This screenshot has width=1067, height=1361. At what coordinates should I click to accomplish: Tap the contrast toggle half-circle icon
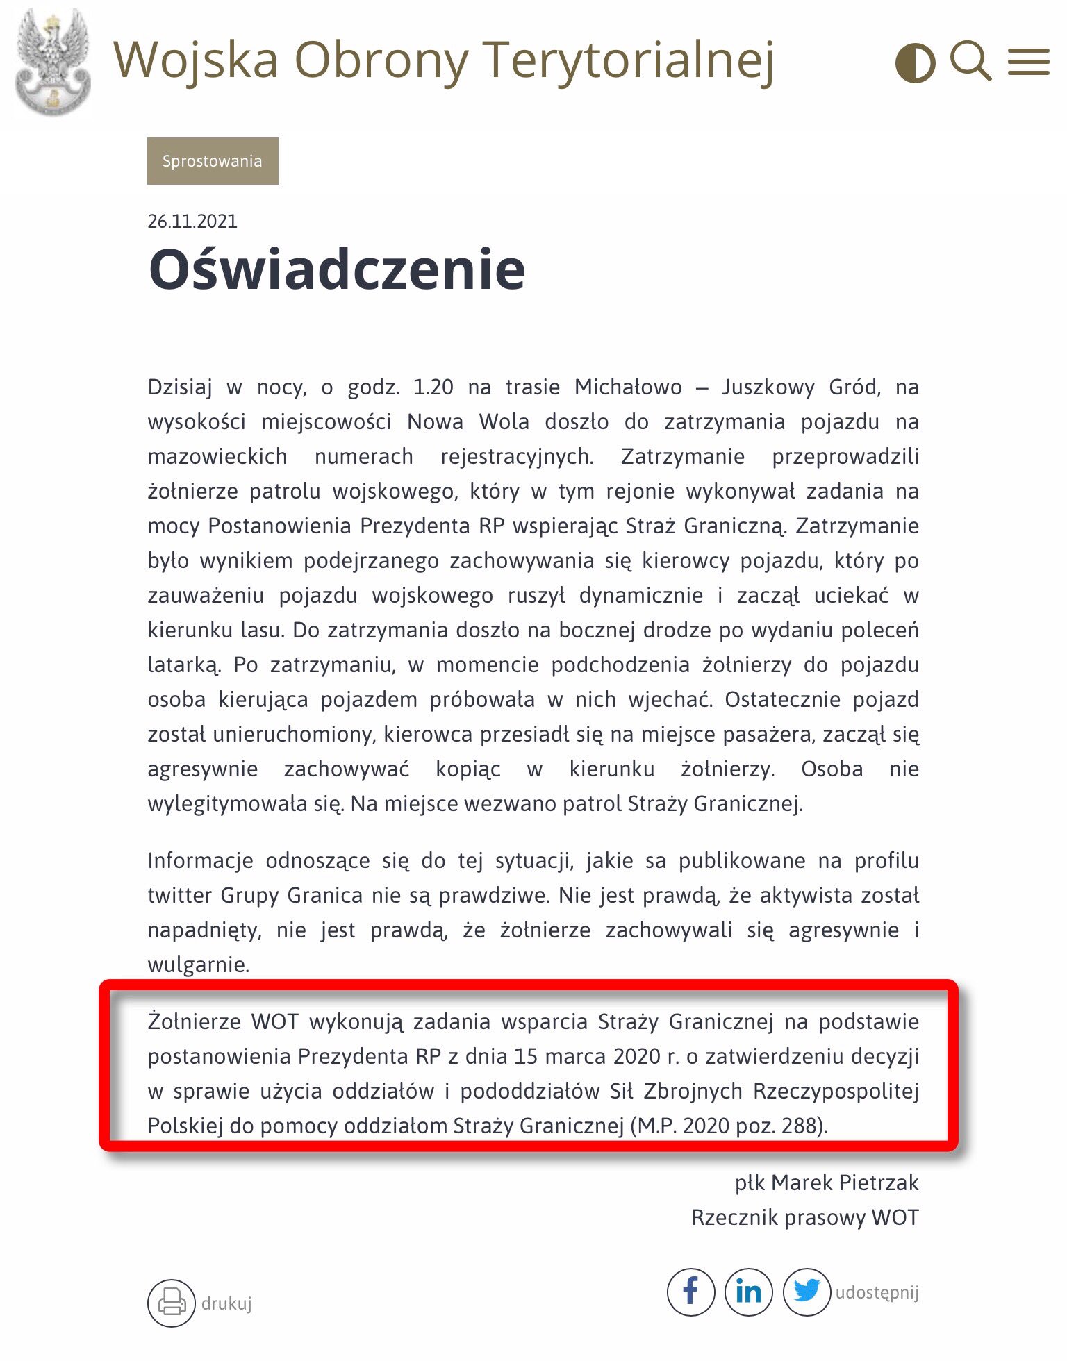click(915, 63)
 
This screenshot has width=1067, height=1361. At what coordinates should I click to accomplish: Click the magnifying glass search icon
click(970, 61)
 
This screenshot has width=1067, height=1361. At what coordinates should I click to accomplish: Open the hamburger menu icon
click(1029, 62)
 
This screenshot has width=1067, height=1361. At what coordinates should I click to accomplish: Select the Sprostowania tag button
click(213, 161)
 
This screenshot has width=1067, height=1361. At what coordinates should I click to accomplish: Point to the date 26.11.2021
click(192, 222)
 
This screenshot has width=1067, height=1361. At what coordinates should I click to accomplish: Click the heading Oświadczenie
click(337, 269)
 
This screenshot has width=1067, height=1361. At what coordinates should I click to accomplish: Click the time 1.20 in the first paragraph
click(433, 387)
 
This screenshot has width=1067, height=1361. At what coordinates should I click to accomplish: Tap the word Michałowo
click(628, 387)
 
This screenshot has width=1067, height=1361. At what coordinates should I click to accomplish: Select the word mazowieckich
click(217, 456)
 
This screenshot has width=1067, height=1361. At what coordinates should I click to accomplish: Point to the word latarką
click(184, 665)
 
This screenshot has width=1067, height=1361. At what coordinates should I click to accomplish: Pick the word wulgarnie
click(198, 965)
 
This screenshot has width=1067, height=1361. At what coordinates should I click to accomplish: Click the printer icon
click(171, 1303)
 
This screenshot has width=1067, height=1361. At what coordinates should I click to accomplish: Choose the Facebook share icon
click(690, 1292)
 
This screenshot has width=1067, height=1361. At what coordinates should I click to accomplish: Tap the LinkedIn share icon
click(749, 1292)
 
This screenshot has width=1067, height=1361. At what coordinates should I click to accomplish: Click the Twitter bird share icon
click(807, 1292)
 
